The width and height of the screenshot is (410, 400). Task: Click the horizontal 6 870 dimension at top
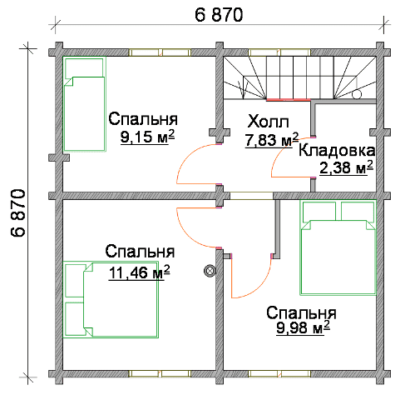219,15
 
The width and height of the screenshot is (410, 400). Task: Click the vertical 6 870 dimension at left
18,212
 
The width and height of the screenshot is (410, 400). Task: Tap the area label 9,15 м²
147,137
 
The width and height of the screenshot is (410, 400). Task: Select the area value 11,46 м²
140,272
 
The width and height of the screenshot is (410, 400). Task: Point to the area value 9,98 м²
303,327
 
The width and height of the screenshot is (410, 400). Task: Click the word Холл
268,122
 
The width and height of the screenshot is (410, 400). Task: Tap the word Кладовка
337,151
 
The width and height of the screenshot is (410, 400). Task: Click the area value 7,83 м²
272,139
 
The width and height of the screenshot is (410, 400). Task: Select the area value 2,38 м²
346,167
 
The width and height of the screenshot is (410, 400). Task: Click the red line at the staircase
289,99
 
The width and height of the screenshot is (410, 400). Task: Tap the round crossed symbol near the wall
210,272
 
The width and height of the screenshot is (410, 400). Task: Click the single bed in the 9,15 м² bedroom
84,104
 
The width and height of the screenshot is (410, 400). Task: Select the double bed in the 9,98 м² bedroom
338,247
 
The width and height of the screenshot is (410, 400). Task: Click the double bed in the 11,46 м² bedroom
111,299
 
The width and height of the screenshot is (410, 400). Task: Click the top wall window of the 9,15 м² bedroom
160,52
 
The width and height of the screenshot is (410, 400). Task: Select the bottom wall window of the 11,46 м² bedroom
160,373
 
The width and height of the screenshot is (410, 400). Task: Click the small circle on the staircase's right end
357,94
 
